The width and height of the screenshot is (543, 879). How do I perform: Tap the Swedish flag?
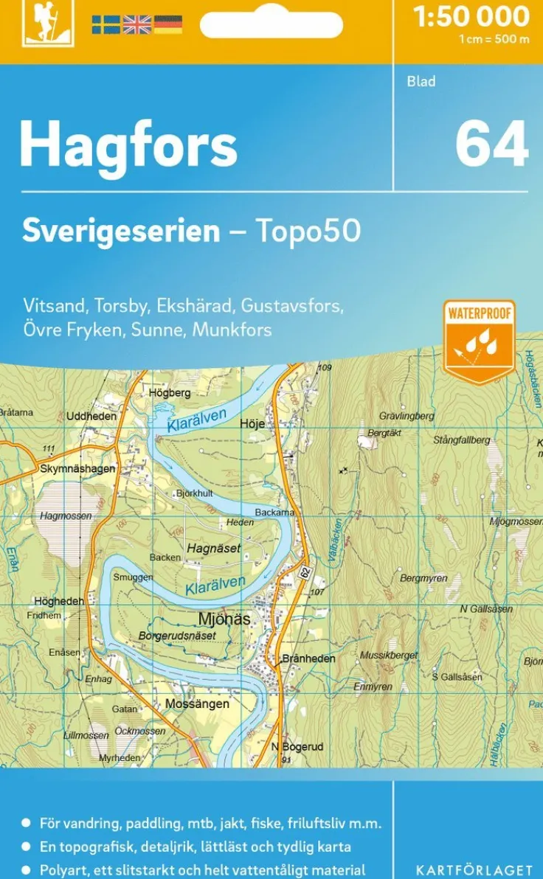coord(106,24)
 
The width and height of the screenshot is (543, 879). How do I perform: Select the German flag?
coord(168,24)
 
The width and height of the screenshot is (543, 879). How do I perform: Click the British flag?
coord(136,24)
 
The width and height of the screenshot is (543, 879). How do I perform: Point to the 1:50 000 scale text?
coord(471,16)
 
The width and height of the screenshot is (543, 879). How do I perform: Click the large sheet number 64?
coord(491,144)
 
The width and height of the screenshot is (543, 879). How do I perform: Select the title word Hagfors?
coord(128,145)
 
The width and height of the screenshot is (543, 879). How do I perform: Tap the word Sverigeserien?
coord(121,231)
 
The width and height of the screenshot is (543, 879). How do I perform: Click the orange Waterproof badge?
coord(479,341)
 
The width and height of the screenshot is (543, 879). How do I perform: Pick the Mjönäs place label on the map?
coord(224,619)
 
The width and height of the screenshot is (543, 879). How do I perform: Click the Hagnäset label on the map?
coord(214,549)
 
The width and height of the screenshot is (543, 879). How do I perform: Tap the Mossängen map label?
coord(197,703)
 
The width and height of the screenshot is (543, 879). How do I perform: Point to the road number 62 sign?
coord(305,571)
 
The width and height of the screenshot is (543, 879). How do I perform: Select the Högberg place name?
coord(170,393)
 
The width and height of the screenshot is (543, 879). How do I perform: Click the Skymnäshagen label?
coord(78,468)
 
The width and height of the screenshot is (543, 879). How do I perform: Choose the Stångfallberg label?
coord(461,440)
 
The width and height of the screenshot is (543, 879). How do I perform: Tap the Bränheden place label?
coord(309,659)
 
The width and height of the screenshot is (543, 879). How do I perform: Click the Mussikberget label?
coord(389,655)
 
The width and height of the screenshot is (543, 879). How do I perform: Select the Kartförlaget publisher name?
coord(474,870)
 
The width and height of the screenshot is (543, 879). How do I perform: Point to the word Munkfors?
coord(232,330)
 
